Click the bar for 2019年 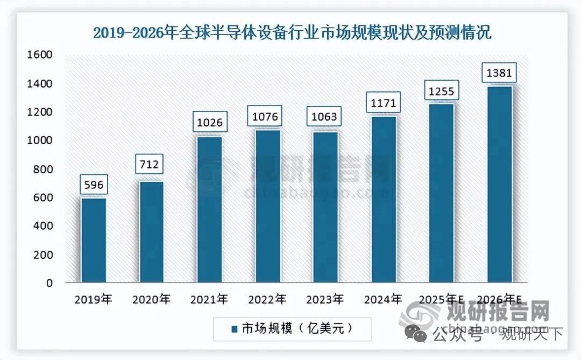(94, 241)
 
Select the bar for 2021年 (209, 210)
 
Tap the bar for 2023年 (325, 207)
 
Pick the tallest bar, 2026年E (499, 184)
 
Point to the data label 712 (150, 164)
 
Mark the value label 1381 (499, 73)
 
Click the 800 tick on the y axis (43, 170)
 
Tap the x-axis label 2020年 (152, 299)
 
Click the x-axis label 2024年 (383, 299)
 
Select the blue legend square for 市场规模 (235, 328)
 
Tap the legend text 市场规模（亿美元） (299, 328)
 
